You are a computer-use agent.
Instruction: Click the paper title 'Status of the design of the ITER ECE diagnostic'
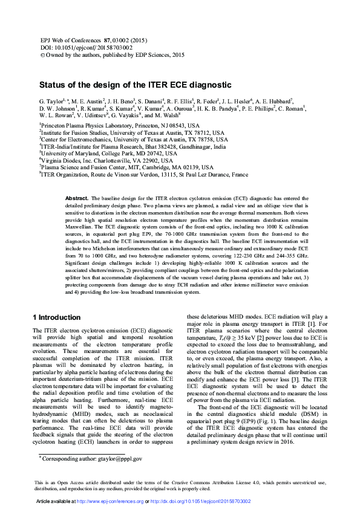coord(136,85)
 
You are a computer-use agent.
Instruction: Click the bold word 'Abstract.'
coord(76,198)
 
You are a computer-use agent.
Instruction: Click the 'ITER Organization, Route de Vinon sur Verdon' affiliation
coord(144,175)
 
